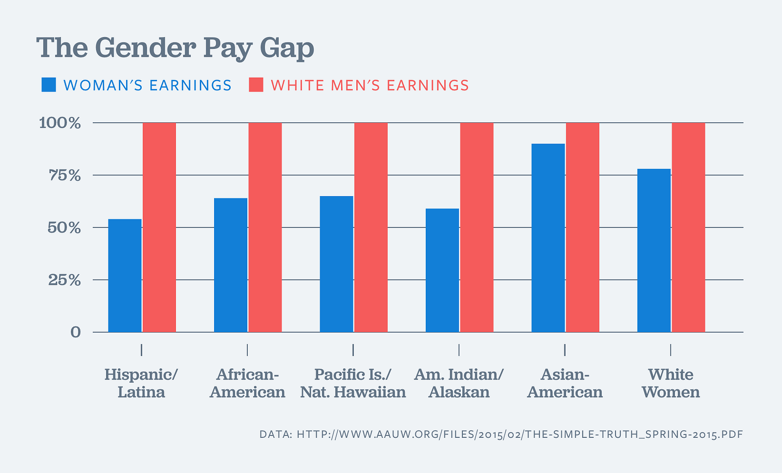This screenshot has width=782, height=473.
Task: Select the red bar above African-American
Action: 265,227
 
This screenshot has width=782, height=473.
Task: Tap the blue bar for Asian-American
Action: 548,238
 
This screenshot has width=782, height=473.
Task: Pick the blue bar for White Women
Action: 654,250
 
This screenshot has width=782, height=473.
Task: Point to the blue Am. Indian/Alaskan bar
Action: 442,270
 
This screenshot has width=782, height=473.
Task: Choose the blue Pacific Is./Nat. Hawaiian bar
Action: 336,264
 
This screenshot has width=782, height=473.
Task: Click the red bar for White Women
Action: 688,227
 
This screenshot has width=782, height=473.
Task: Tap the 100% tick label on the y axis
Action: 60,123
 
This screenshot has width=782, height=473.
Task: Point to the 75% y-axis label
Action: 64,175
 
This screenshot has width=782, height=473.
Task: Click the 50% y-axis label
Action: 64,227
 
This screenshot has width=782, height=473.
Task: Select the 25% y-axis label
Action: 64,280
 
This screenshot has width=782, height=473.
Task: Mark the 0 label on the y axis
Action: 75,332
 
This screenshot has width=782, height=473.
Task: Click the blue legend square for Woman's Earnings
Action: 49,85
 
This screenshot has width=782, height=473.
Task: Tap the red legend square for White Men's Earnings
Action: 256,85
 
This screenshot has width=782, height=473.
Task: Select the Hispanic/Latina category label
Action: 141,383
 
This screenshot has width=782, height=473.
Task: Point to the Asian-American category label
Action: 565,383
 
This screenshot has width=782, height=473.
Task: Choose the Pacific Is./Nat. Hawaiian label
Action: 353,383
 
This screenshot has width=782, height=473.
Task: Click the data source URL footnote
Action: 501,434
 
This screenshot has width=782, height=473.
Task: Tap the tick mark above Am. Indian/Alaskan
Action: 459,350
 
